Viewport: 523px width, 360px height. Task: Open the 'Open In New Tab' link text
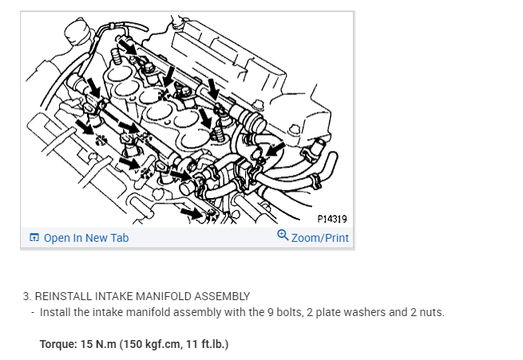85,238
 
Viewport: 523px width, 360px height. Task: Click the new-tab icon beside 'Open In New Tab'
34,238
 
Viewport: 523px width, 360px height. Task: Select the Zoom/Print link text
319,238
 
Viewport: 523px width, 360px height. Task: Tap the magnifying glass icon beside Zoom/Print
282,235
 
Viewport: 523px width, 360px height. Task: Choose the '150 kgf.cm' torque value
149,345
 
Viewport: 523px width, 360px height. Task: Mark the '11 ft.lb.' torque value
203,345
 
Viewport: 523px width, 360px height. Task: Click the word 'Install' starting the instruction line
55,312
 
